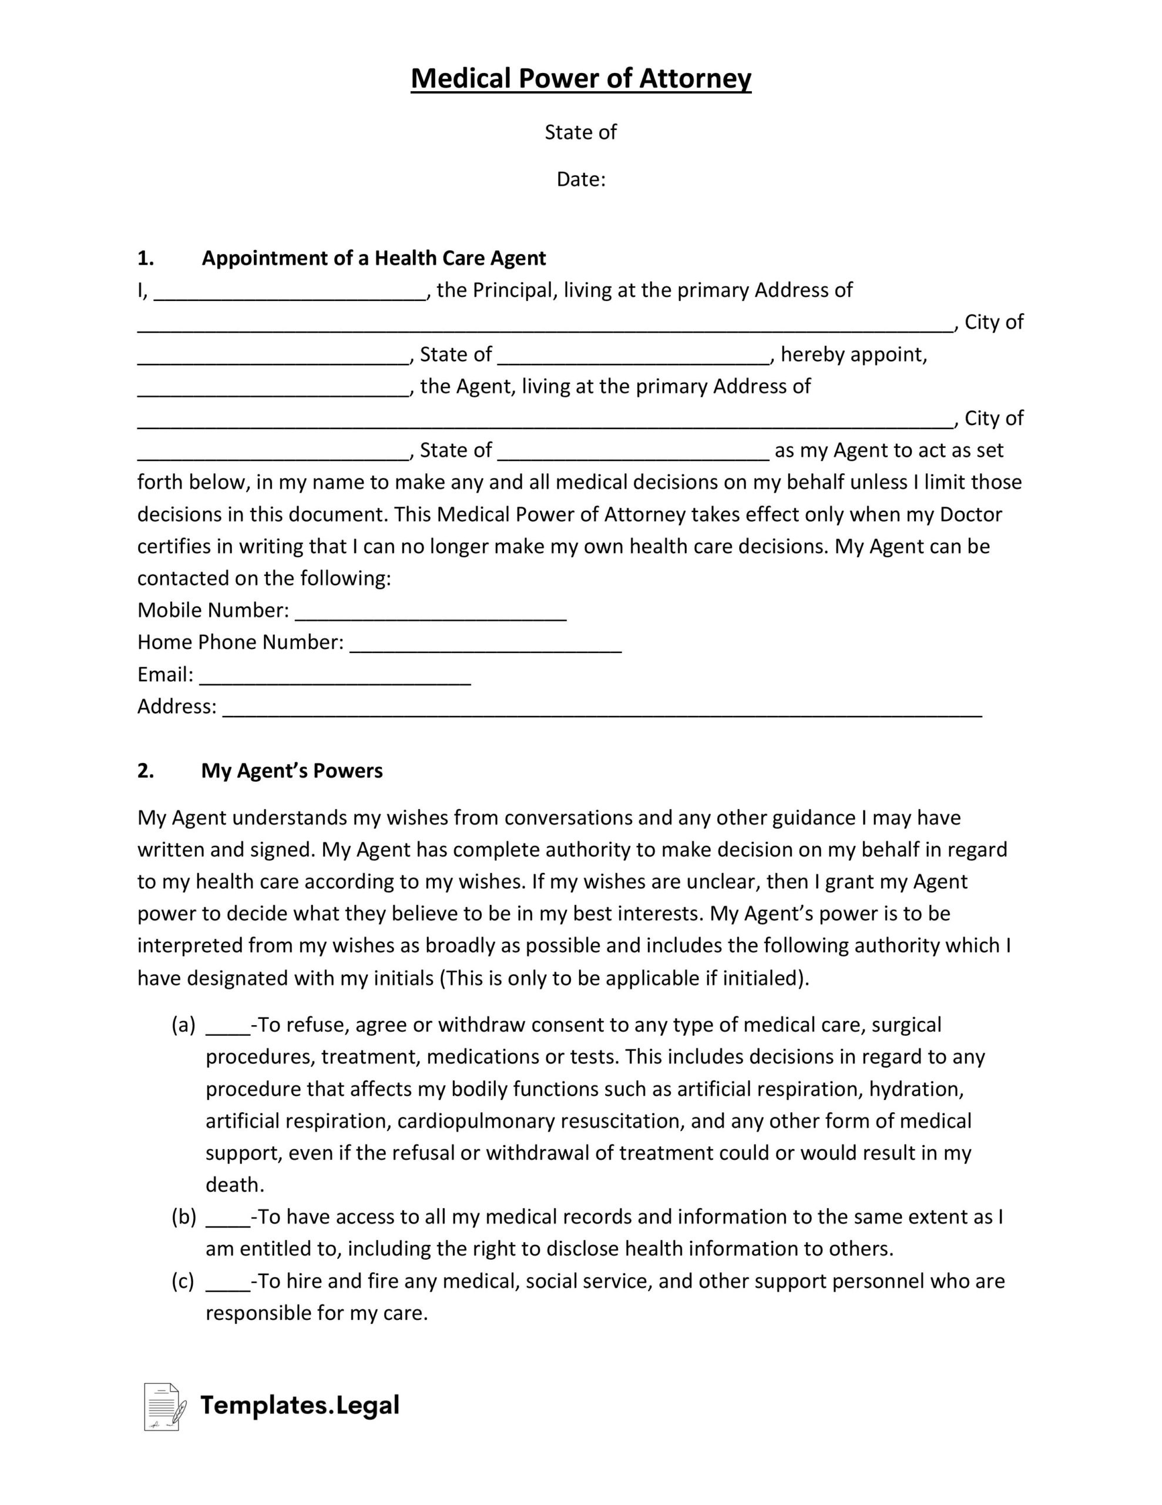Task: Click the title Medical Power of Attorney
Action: click(580, 79)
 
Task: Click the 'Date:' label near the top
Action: click(580, 180)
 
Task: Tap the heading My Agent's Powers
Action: click(291, 770)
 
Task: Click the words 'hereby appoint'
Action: click(854, 355)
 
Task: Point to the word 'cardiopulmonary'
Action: click(475, 1121)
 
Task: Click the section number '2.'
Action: click(145, 770)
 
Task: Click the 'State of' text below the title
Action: click(580, 132)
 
